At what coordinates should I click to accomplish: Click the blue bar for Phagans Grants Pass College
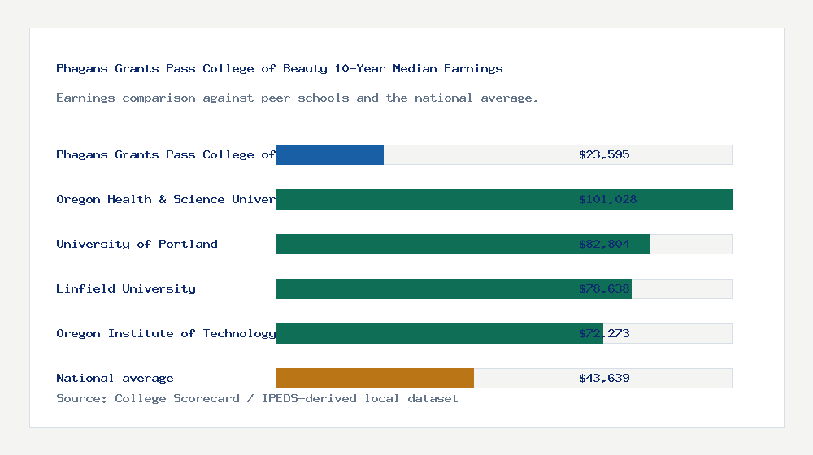(330, 154)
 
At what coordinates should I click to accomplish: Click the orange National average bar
(375, 378)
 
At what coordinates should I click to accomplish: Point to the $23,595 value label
(604, 154)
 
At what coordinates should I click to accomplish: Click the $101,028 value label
(607, 199)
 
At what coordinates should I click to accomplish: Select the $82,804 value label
(604, 244)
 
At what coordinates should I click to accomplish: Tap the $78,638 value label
(604, 288)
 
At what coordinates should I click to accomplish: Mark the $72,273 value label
(604, 333)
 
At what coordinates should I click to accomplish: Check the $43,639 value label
(604, 378)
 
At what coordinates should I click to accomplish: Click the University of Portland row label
(137, 244)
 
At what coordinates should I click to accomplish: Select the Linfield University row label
(126, 288)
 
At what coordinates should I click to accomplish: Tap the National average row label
(115, 378)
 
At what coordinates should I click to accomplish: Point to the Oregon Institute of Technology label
(166, 333)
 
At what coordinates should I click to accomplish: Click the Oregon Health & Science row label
(166, 199)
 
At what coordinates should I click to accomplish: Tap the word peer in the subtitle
(276, 97)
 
